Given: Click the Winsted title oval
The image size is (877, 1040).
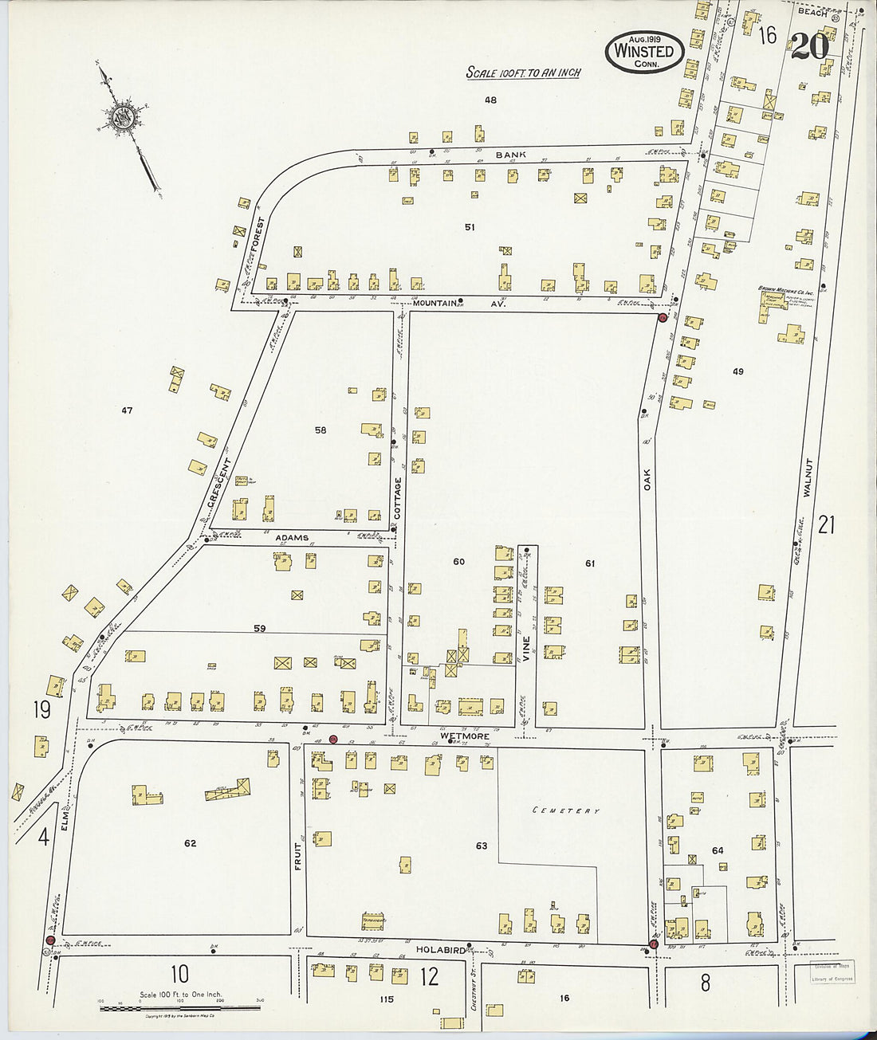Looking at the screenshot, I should [643, 52].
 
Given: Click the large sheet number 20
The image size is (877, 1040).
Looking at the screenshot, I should [810, 47].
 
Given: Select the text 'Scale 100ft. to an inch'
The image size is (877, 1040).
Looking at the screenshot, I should [523, 73].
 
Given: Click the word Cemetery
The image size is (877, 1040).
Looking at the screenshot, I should [566, 810].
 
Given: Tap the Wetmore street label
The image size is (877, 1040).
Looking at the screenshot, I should [463, 736].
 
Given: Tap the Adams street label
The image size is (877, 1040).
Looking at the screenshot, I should [292, 538].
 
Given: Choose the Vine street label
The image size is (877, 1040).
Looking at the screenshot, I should [525, 653].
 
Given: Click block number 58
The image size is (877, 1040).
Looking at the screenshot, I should [321, 430].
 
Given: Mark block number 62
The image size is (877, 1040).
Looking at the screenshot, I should [190, 843].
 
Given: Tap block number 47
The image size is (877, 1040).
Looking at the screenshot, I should [127, 411].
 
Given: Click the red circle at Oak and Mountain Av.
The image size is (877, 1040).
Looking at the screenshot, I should [662, 318].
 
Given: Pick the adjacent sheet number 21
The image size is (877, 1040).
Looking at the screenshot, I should [826, 524].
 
